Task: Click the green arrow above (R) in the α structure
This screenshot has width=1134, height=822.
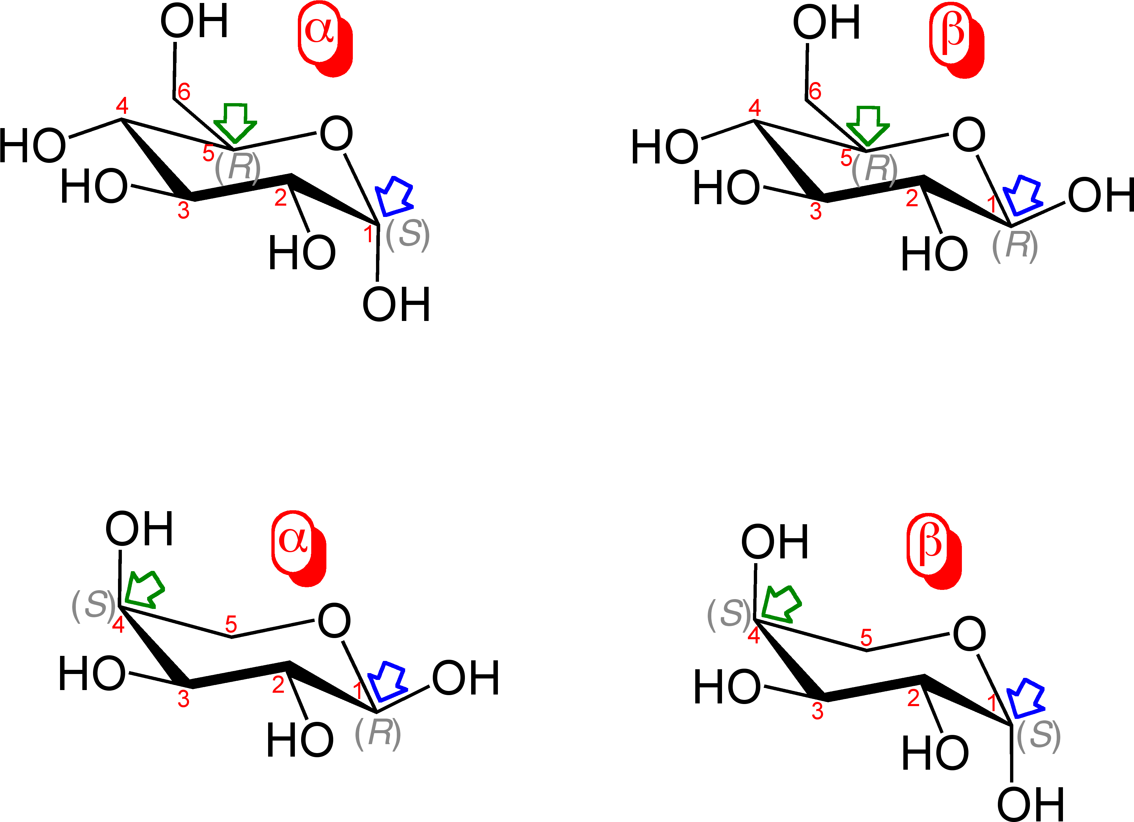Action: click(x=235, y=122)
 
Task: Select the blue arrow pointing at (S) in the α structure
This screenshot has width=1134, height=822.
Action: click(x=395, y=196)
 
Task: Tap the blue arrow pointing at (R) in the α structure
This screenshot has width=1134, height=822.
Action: click(x=388, y=681)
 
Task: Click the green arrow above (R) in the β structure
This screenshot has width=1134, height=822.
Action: click(x=867, y=125)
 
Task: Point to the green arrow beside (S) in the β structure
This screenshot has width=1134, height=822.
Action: click(x=781, y=604)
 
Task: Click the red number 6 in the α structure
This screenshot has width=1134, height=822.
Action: click(x=184, y=92)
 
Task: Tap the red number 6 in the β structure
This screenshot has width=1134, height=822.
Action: click(x=815, y=91)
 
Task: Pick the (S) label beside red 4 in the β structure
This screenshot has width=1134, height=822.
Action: click(x=729, y=614)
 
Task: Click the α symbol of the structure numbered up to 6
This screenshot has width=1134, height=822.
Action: click(x=319, y=31)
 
